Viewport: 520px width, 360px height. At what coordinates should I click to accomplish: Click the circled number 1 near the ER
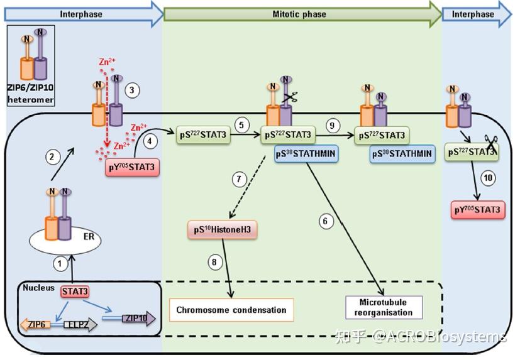pyautogui.click(x=60, y=265)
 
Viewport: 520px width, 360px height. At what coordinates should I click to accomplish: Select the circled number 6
pyautogui.click(x=324, y=221)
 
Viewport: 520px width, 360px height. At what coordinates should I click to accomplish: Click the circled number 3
pyautogui.click(x=131, y=90)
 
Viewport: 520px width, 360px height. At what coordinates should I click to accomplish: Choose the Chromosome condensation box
pyautogui.click(x=231, y=310)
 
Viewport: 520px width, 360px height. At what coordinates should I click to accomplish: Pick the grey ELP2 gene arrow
pyautogui.click(x=80, y=324)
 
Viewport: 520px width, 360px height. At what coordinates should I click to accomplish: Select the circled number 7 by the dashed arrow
pyautogui.click(x=238, y=178)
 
